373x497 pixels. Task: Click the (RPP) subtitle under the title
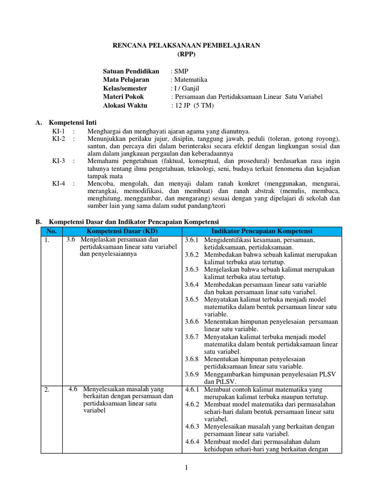[x=186, y=54]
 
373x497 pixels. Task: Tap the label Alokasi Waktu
[x=124, y=105]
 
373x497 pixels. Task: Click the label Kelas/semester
[x=125, y=88]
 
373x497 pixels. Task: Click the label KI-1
[x=58, y=131]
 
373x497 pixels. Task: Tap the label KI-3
[x=58, y=161]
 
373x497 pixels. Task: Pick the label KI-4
[x=58, y=184]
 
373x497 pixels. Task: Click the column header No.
[x=51, y=231]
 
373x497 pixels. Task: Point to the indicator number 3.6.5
[x=192, y=299]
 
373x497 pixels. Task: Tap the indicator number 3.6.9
[x=192, y=374]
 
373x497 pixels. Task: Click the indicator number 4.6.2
[x=193, y=404]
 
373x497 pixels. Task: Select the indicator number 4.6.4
[x=193, y=442]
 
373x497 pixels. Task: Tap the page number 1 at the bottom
[x=186, y=468]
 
